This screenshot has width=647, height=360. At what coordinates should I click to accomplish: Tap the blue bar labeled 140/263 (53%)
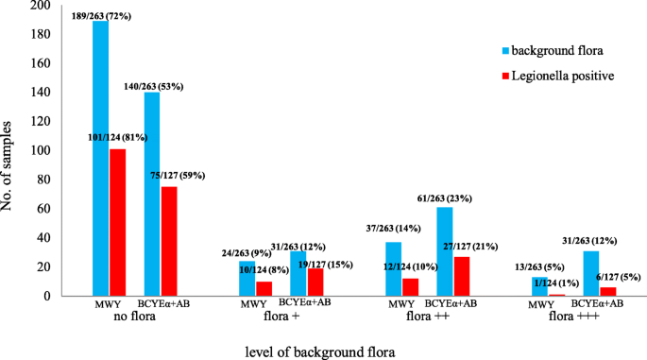point(152,194)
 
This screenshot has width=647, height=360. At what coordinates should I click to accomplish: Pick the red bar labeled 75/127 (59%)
point(169,241)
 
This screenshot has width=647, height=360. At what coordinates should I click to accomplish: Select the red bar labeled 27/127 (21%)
point(461,276)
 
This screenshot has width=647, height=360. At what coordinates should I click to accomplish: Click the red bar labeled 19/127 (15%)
point(315,282)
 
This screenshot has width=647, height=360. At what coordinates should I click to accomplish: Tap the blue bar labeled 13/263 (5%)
point(539,286)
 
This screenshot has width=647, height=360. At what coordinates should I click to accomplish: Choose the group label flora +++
point(572,319)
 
